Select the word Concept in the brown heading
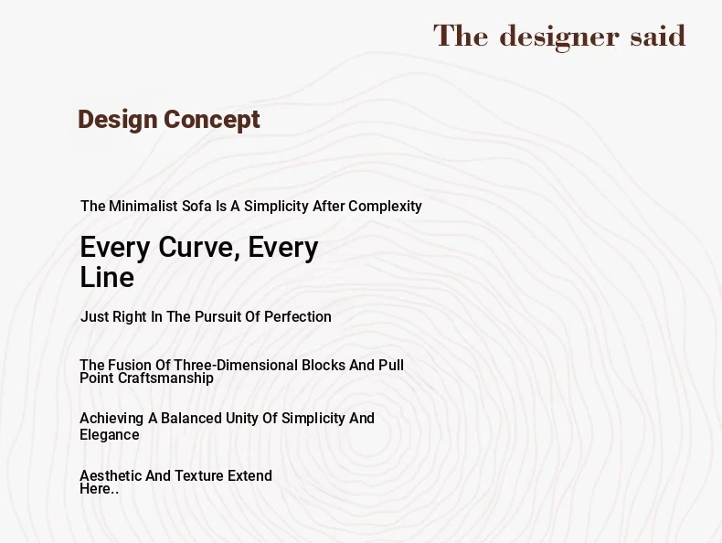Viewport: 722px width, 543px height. coord(212,121)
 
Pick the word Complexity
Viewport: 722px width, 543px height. coord(385,207)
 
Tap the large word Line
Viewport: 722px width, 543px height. coord(107,277)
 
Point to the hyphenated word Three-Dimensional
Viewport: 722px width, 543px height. coord(236,366)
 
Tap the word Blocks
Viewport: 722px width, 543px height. coord(324,366)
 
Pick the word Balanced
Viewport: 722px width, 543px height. coord(192,418)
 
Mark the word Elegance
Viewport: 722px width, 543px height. coord(110,435)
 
